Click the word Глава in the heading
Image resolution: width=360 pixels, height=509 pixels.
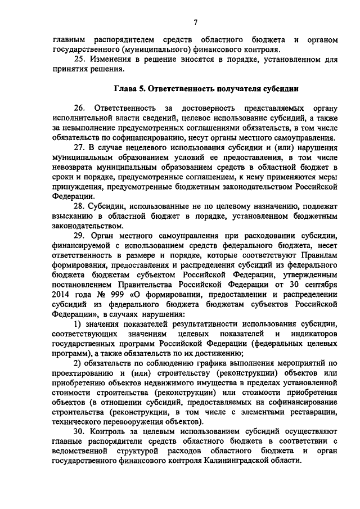(x=125, y=88)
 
